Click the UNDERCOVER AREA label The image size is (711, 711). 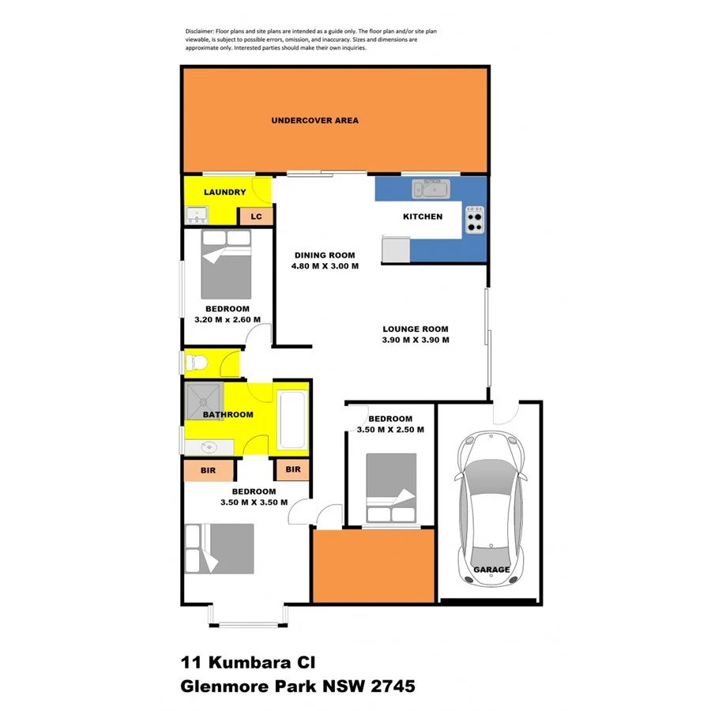click(x=314, y=121)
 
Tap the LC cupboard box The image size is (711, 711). click(x=256, y=216)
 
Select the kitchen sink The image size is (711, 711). click(x=431, y=189)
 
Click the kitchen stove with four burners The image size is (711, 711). click(x=475, y=220)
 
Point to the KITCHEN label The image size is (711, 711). click(x=423, y=216)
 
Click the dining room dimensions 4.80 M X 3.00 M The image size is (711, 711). click(x=325, y=266)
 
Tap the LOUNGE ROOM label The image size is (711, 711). click(x=416, y=329)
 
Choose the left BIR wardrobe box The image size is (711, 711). click(x=209, y=470)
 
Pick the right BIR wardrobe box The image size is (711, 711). click(x=292, y=469)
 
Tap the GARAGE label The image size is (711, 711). click(x=491, y=570)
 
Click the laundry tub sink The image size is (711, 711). click(x=197, y=213)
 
